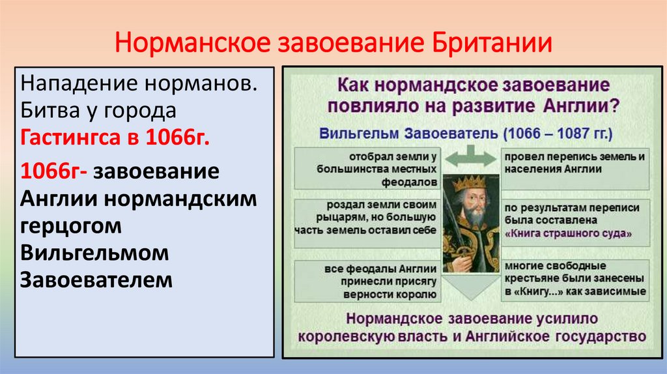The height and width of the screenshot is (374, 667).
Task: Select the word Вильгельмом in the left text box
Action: click(x=95, y=252)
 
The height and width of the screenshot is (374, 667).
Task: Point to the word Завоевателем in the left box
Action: click(x=97, y=280)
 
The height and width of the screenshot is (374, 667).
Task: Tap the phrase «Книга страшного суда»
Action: click(x=568, y=233)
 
